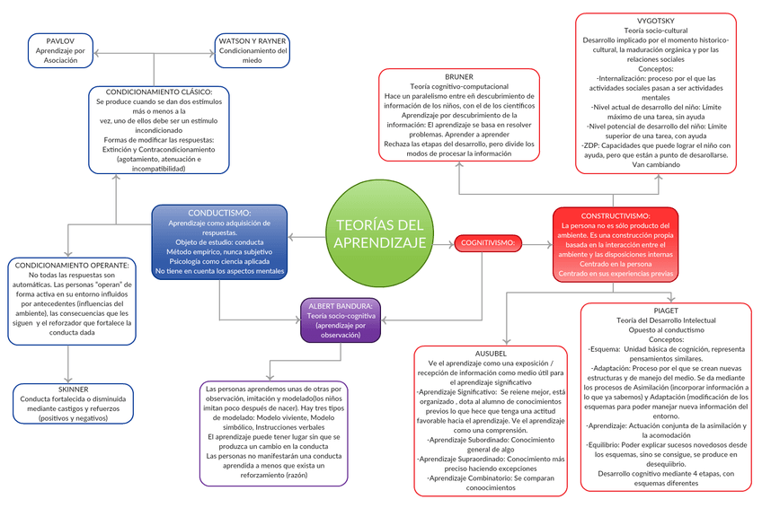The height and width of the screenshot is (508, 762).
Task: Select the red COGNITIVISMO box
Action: (x=488, y=243)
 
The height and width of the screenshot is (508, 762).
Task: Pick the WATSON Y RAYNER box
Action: (x=253, y=51)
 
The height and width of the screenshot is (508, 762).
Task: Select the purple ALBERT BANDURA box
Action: (x=341, y=320)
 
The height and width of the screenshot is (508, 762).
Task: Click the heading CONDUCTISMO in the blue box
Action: (x=219, y=213)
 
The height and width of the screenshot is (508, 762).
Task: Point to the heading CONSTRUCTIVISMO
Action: (x=616, y=216)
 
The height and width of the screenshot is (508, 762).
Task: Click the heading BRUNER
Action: (x=458, y=76)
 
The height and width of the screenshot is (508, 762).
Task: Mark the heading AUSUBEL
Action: (x=491, y=354)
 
